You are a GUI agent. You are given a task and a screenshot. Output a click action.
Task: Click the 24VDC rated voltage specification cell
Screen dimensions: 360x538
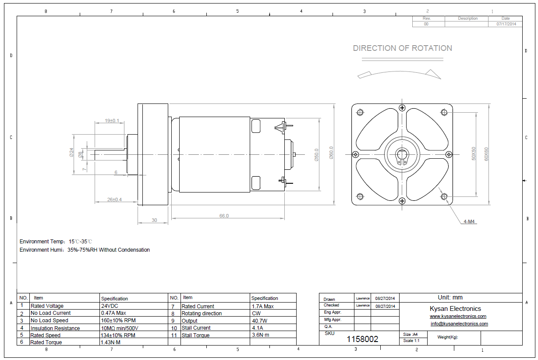(110, 306)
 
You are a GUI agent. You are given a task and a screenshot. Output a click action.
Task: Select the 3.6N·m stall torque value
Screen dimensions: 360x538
(261, 335)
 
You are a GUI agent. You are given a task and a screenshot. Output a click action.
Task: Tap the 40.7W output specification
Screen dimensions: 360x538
(260, 321)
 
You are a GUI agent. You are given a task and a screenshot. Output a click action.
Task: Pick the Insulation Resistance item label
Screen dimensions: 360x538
(55, 328)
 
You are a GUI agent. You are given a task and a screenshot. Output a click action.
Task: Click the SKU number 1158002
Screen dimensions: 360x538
(362, 339)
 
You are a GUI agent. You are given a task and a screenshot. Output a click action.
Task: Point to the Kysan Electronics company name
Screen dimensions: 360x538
(455, 309)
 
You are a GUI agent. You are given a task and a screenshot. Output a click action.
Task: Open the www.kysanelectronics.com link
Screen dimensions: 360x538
(458, 316)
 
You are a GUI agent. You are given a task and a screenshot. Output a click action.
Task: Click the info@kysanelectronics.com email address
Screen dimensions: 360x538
(459, 324)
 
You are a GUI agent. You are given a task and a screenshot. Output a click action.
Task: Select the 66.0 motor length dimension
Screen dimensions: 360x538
(224, 216)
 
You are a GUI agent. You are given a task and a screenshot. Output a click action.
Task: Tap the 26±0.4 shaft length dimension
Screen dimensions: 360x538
(115, 200)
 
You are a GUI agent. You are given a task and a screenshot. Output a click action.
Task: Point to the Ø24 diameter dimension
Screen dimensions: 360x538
(71, 152)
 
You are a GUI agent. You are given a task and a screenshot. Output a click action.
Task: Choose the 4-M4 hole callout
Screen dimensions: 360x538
(469, 221)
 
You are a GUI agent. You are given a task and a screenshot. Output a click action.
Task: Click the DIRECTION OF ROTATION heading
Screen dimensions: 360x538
(402, 48)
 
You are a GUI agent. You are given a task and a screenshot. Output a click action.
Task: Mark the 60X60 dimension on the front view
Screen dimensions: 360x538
(486, 154)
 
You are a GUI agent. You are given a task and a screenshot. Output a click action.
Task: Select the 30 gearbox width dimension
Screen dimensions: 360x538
(154, 220)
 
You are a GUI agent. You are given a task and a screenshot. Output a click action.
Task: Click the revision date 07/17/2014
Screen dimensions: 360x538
(506, 24)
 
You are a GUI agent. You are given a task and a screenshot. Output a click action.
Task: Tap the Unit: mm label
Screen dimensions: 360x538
(450, 297)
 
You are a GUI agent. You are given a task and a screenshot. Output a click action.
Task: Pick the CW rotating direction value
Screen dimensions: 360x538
(256, 314)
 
